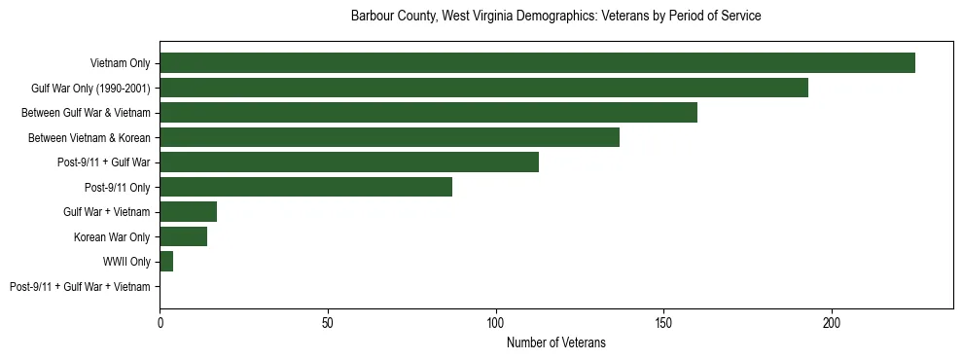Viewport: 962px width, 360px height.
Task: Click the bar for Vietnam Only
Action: pyautogui.click(x=537, y=63)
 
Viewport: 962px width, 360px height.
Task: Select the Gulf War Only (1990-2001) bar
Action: pyautogui.click(x=483, y=88)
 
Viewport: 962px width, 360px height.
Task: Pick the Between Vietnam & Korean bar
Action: pyautogui.click(x=389, y=137)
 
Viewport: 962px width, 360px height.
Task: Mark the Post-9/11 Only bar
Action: pyautogui.click(x=305, y=187)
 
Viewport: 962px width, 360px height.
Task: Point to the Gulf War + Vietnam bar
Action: pyautogui.click(x=188, y=212)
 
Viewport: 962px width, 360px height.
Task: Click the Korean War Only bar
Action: pyautogui.click(x=183, y=236)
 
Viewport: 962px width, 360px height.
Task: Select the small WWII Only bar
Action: pyautogui.click(x=166, y=262)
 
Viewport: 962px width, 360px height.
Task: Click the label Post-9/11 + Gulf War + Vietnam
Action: pyautogui.click(x=80, y=287)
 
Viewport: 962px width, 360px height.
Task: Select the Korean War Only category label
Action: pyautogui.click(x=112, y=237)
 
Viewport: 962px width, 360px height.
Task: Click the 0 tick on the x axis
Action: pyautogui.click(x=160, y=322)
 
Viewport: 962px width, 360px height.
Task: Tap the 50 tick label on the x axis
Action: pyautogui.click(x=328, y=322)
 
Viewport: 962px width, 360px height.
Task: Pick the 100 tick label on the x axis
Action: pyautogui.click(x=496, y=322)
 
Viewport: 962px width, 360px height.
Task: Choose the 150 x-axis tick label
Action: pyautogui.click(x=663, y=322)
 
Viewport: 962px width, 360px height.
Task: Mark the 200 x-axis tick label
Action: pyautogui.click(x=832, y=322)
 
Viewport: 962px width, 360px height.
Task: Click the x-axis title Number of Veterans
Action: pyautogui.click(x=555, y=342)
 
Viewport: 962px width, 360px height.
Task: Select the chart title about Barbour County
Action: pyautogui.click(x=555, y=17)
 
